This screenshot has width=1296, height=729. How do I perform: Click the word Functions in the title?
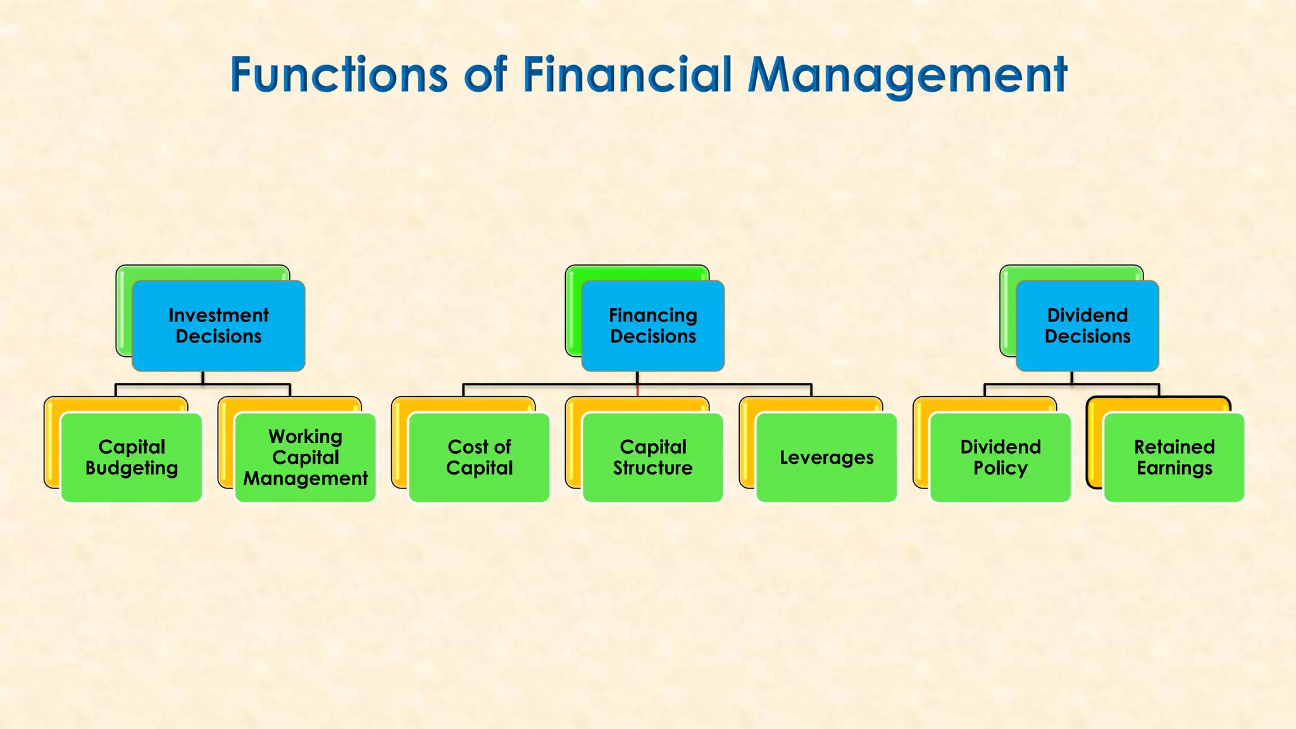339,75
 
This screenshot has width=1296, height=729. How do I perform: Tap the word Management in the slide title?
907,75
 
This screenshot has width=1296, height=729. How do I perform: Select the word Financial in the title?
627,75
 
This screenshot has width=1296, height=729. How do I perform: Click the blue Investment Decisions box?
218,325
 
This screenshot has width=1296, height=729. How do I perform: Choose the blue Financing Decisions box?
652,325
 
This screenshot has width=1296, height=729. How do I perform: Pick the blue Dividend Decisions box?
1087,325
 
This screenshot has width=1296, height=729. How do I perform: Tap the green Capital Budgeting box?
132,457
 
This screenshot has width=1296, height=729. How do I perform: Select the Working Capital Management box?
305,457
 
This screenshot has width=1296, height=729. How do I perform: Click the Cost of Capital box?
479,457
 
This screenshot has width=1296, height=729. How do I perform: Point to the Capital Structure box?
652,457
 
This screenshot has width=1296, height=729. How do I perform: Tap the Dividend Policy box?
1000,457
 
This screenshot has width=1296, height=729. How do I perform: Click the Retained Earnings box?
1174,457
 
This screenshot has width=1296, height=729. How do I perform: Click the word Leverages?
826,458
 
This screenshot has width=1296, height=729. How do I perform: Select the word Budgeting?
132,468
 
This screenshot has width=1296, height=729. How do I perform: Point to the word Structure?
652,468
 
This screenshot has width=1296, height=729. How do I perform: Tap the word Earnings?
1174,468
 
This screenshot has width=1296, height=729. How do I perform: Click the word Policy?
1000,468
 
